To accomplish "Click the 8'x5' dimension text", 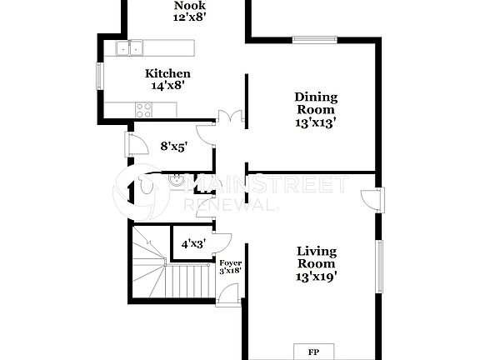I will pos(173,146).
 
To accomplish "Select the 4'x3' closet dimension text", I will pos(192,244).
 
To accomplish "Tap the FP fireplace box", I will pos(314,351).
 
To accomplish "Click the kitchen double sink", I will pos(129,48).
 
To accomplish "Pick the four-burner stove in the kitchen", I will pos(143,107).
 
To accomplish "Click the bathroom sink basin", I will pos(177,178).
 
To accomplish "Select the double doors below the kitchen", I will pos(228,119).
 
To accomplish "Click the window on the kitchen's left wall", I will pos(100,75).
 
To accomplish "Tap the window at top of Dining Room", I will pos(314,38).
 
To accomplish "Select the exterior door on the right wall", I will pos(372,200).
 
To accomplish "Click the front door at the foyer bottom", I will pos(227,294).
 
